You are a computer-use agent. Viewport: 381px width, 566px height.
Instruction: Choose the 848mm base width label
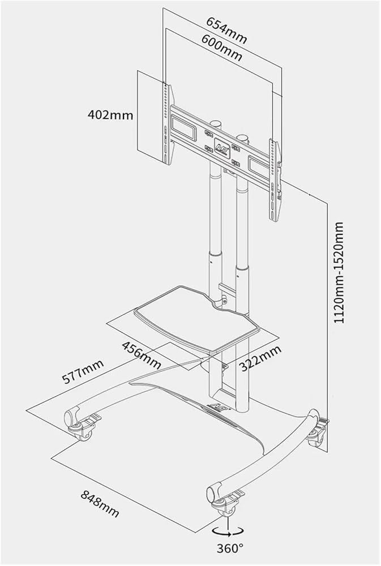tap(100, 504)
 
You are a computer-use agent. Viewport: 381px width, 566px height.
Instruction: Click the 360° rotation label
tap(229, 547)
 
